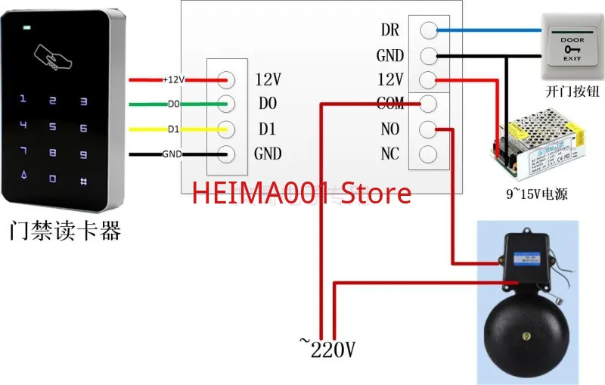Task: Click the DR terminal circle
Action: pos(428,31)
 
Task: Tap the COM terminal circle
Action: pos(428,104)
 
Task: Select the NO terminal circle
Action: pos(428,129)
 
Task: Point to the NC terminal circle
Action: pos(428,154)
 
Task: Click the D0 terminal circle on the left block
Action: pos(226,104)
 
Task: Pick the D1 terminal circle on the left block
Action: pos(226,129)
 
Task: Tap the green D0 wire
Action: pos(147,104)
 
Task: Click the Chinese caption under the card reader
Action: pos(65,229)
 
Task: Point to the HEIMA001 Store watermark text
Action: pos(302,193)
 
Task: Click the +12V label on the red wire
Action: pos(174,79)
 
